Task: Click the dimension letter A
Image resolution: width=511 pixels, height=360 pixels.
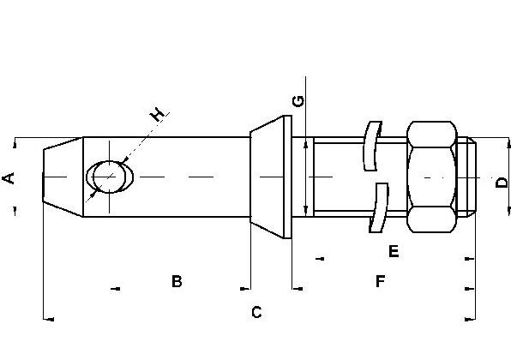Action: point(9,178)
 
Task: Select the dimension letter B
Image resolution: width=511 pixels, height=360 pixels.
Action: point(177,281)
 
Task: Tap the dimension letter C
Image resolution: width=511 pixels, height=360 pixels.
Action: point(256,312)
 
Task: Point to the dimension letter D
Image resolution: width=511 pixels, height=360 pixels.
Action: point(502,182)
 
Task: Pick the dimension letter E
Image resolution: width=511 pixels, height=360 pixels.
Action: point(394,251)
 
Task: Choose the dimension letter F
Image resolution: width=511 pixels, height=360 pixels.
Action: point(381,281)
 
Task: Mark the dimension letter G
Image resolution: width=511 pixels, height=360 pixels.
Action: point(298,101)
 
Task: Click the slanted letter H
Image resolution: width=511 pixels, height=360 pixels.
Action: point(157,115)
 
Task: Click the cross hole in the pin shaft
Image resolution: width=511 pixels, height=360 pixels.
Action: point(110,177)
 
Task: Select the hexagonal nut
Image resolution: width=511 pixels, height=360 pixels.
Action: point(432,177)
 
